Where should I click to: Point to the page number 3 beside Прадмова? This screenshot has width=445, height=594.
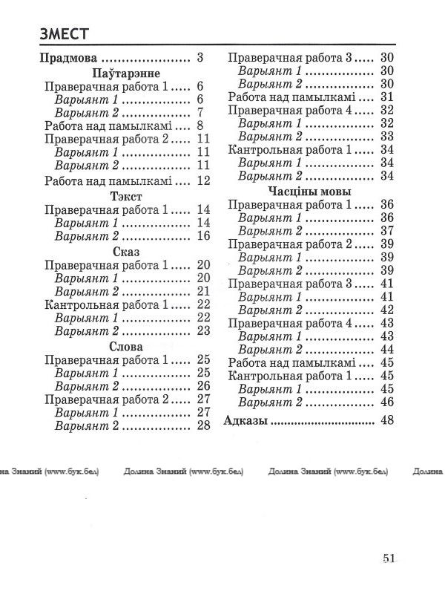point(200,58)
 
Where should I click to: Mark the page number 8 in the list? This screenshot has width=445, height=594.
point(200,125)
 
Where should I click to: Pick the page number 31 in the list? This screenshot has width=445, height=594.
point(386,97)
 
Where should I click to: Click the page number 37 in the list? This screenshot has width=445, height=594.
point(386,231)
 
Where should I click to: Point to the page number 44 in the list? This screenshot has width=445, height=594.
point(386,349)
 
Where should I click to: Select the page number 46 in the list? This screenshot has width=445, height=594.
point(386,402)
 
